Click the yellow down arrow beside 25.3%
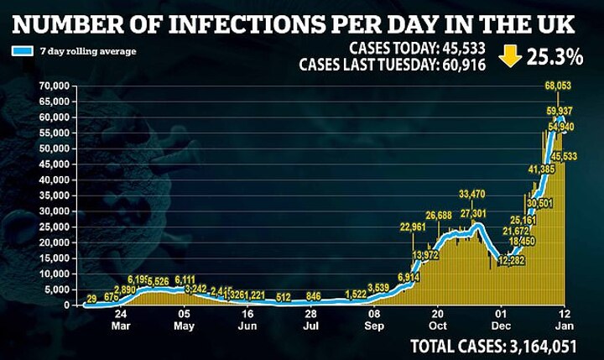[x=507, y=58]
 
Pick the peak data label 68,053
[x=560, y=86]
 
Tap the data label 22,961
[x=414, y=227]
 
